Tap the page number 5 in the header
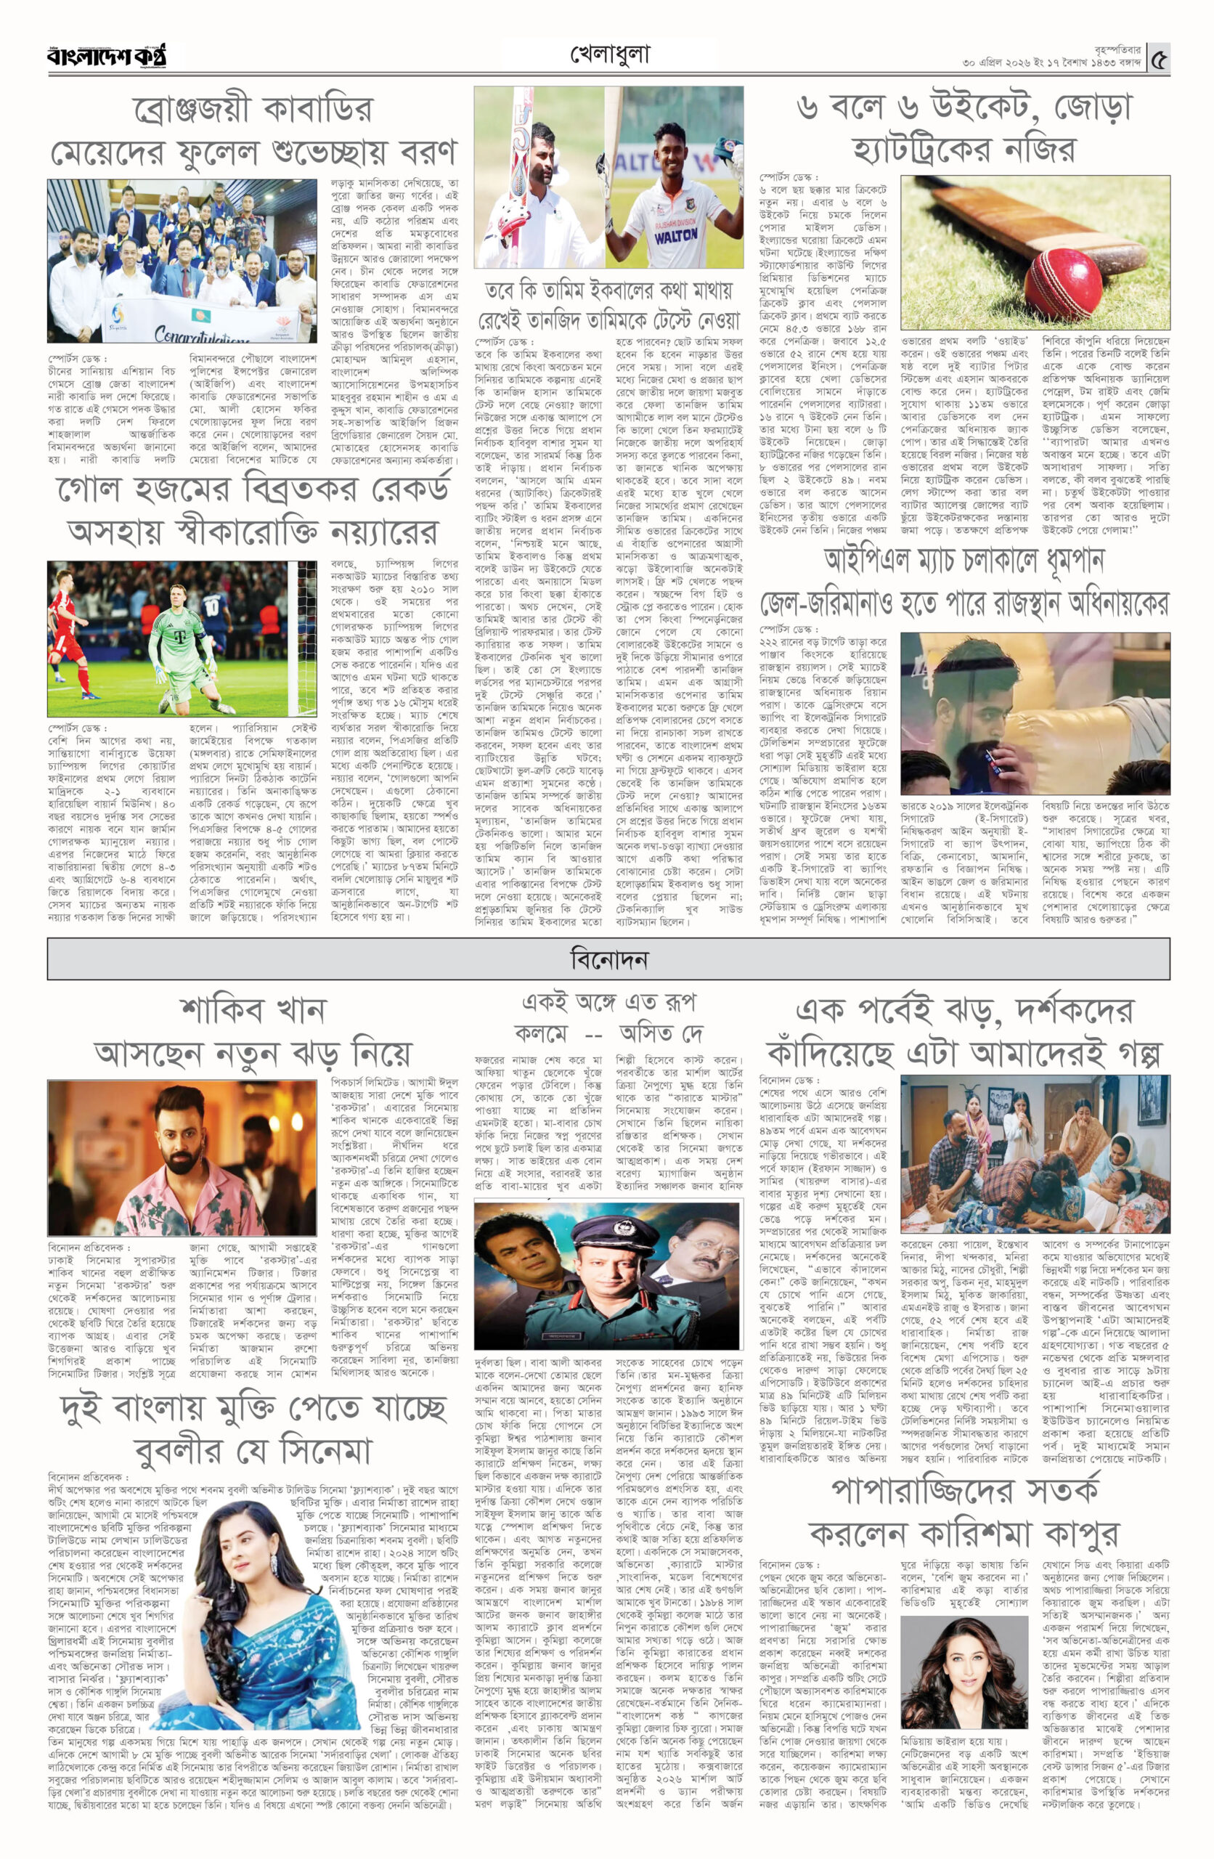tap(1160, 58)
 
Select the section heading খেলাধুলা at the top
tap(610, 54)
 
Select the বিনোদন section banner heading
tap(608, 959)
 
